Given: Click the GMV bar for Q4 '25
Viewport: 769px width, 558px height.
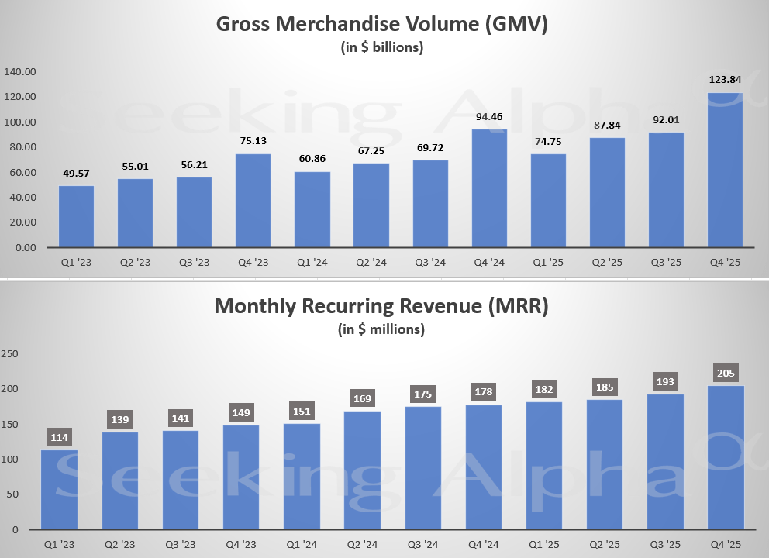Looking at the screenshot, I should [x=725, y=170].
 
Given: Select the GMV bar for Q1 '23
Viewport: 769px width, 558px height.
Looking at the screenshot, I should [x=76, y=217].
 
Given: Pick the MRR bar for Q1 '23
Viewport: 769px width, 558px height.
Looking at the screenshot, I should [x=59, y=490].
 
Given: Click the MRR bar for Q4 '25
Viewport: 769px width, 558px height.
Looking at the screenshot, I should [x=725, y=457].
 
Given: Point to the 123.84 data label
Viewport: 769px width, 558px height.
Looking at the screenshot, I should [x=725, y=80].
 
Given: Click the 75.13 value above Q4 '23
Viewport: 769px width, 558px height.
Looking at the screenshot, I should [x=253, y=141].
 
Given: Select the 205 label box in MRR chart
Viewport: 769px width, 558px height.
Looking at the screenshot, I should [x=725, y=374].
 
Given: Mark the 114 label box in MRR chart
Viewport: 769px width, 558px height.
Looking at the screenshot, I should [x=59, y=438].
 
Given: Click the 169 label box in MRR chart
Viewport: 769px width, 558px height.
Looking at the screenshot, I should [x=363, y=399].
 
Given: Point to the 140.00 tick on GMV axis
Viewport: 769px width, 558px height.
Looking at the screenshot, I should [x=20, y=72].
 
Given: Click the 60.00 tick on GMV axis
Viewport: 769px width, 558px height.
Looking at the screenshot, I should [x=20, y=172].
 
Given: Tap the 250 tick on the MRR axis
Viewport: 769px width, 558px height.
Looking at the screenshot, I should [x=11, y=353].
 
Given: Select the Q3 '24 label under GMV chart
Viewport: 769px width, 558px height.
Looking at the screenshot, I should [x=430, y=263].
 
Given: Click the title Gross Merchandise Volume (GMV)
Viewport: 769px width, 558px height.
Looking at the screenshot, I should [x=381, y=25].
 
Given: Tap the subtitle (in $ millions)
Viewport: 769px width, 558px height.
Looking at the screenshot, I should [x=381, y=329].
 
